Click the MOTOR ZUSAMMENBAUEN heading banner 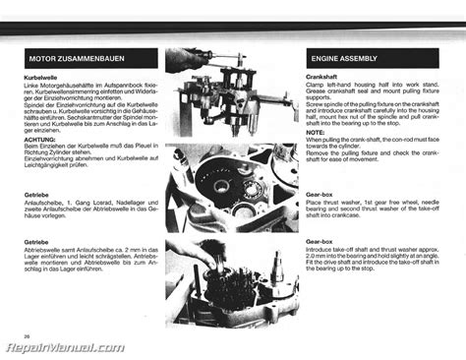(90, 61)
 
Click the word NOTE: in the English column (317, 134)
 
